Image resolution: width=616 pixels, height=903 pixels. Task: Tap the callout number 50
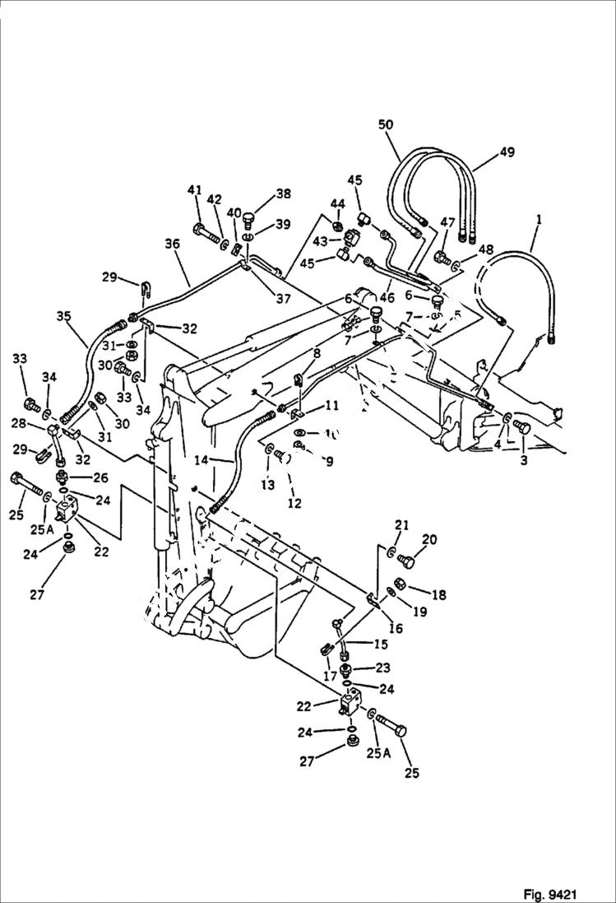tap(386, 125)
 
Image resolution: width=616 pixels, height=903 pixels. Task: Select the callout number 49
tap(507, 153)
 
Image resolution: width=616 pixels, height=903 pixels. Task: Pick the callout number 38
tap(283, 194)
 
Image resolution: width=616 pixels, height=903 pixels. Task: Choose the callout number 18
tap(438, 593)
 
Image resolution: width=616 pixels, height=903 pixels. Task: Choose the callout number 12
tap(294, 504)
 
